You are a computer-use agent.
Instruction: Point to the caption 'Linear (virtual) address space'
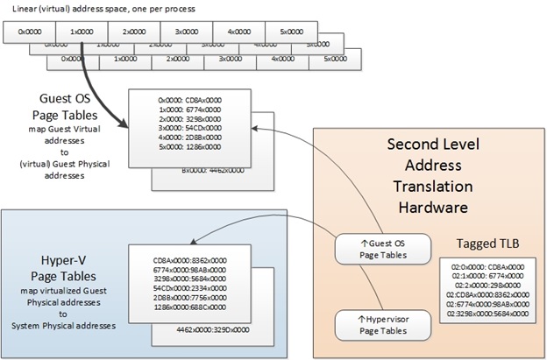96,8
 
